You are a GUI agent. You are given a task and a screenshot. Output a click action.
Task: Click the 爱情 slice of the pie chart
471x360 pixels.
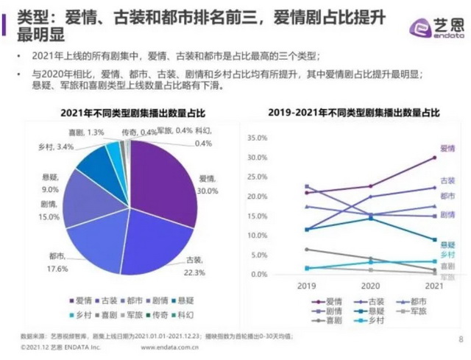(166, 177)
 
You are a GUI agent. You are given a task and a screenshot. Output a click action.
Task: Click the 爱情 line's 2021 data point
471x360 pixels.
(434, 158)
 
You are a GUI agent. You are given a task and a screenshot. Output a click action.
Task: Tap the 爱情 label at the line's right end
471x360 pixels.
(447, 149)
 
